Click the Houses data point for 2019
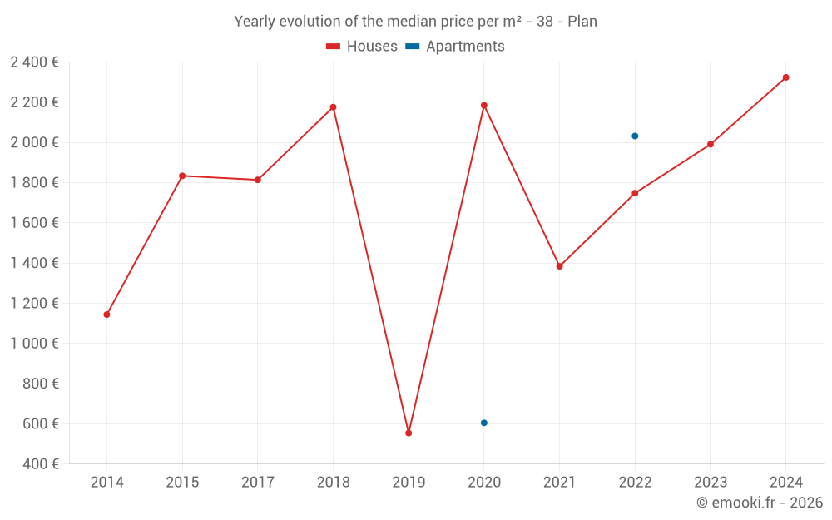click(x=409, y=433)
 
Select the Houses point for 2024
click(x=785, y=77)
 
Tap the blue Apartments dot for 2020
click(x=484, y=423)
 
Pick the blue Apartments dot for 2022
click(x=635, y=136)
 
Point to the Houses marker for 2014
click(x=106, y=314)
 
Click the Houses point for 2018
click(x=333, y=107)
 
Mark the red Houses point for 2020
click(x=484, y=106)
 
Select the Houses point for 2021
click(x=559, y=266)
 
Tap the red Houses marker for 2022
click(x=635, y=193)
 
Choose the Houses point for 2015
click(x=182, y=176)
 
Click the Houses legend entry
click(x=362, y=47)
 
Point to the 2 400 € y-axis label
click(x=34, y=62)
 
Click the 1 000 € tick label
click(x=34, y=344)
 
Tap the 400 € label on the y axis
click(x=41, y=463)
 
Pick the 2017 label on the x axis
click(x=258, y=482)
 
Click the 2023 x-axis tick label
click(x=711, y=482)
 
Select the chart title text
click(x=415, y=22)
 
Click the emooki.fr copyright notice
click(x=759, y=503)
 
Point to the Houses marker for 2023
click(x=711, y=144)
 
